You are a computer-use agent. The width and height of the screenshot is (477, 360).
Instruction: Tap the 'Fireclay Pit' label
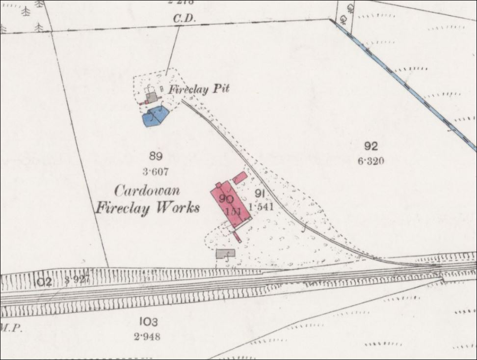click(x=199, y=89)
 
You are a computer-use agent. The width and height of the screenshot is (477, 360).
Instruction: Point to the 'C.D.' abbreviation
click(x=185, y=19)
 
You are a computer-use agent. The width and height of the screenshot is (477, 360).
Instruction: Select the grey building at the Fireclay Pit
click(x=152, y=97)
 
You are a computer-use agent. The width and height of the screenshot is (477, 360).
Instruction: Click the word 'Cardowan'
click(x=147, y=191)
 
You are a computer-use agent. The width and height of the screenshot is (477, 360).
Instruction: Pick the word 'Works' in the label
click(x=177, y=208)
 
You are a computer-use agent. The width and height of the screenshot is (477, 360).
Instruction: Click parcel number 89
click(x=156, y=157)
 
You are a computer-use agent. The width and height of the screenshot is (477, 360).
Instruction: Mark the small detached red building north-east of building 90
click(x=239, y=177)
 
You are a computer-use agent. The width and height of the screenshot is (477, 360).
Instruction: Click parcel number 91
click(x=260, y=193)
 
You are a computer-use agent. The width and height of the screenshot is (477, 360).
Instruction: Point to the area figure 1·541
click(x=261, y=207)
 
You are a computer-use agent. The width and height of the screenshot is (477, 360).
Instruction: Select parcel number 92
click(x=371, y=145)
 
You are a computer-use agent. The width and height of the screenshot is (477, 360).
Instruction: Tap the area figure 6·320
click(x=371, y=161)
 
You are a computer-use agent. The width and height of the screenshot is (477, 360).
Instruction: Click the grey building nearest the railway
click(x=225, y=253)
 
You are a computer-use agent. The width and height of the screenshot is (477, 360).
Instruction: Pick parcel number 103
click(x=148, y=322)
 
